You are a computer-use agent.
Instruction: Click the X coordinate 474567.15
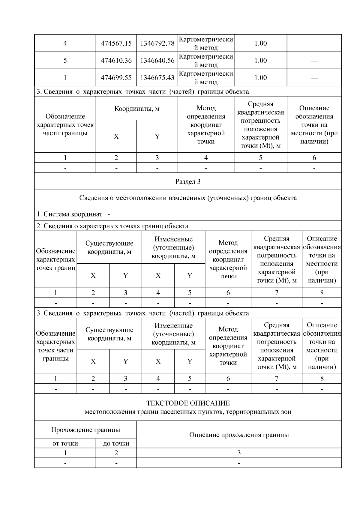click(116, 43)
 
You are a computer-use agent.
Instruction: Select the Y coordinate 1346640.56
click(157, 61)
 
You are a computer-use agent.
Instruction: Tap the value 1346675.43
click(157, 78)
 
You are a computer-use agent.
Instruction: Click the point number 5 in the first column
click(65, 61)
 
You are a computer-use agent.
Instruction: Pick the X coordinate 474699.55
click(116, 78)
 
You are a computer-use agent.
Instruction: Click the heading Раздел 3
click(188, 181)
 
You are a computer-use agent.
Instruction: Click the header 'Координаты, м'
click(137, 109)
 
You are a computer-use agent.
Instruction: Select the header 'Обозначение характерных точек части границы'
click(65, 125)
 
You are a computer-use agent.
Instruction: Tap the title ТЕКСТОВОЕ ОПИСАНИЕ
click(188, 403)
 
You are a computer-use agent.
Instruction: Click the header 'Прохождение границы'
click(85, 430)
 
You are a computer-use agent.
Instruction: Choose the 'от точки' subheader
click(65, 443)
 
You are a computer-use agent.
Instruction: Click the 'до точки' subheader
click(116, 443)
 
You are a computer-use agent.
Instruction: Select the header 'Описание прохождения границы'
click(239, 435)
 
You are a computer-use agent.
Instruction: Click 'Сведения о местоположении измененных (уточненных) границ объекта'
click(188, 198)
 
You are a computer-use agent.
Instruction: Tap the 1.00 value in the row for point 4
click(260, 43)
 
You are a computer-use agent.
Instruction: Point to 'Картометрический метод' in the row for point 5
click(206, 61)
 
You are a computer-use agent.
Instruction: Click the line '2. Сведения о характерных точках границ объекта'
click(112, 226)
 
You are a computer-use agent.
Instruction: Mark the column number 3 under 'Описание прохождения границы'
click(239, 453)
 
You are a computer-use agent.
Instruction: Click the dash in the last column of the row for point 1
click(314, 78)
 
